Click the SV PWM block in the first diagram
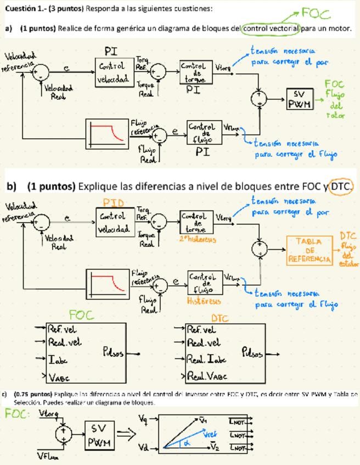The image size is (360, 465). (300, 99)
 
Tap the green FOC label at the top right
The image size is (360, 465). (316, 13)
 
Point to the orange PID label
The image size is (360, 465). (114, 203)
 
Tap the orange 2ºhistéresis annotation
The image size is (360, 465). (197, 239)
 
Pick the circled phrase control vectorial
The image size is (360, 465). (271, 29)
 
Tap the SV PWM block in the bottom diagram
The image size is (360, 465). (99, 435)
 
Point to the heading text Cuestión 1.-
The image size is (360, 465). (24, 9)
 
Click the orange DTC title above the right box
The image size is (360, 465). (220, 318)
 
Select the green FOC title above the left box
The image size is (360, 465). (81, 315)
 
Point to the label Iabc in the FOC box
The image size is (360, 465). (58, 360)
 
